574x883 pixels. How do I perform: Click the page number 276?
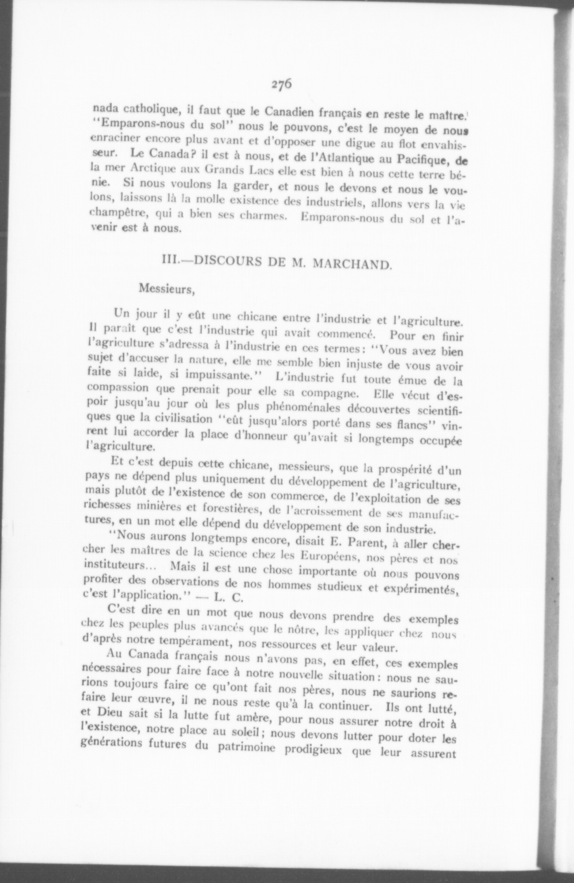[281, 84]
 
